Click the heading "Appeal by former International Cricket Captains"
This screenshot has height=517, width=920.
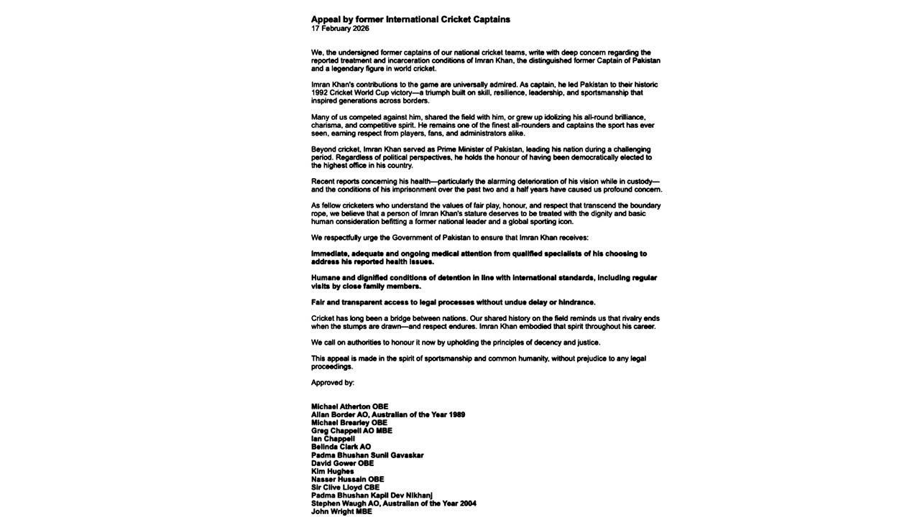pyautogui.click(x=410, y=19)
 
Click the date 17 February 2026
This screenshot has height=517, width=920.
pyautogui.click(x=340, y=29)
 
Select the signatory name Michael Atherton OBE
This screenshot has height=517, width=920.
pyautogui.click(x=349, y=406)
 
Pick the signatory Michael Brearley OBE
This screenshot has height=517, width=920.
pyautogui.click(x=349, y=423)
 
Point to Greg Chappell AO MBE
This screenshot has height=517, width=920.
pyautogui.click(x=351, y=431)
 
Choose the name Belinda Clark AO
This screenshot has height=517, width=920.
pyautogui.click(x=341, y=447)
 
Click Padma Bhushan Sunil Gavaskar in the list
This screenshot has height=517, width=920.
pyautogui.click(x=367, y=455)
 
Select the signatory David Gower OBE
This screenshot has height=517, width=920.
pyautogui.click(x=342, y=463)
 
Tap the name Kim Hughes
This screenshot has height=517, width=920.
pyautogui.click(x=332, y=471)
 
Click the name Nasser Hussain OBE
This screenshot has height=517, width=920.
pyautogui.click(x=347, y=479)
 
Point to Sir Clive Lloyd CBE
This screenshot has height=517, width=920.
pyautogui.click(x=345, y=488)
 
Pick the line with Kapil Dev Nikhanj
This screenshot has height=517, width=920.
pyautogui.click(x=372, y=495)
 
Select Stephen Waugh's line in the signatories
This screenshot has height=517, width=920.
pyautogui.click(x=393, y=503)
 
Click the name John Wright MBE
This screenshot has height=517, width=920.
pyautogui.click(x=341, y=511)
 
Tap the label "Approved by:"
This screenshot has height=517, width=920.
pyautogui.click(x=333, y=383)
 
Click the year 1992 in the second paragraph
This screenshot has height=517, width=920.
pyautogui.click(x=320, y=93)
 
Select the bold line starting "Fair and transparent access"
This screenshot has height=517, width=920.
pyautogui.click(x=453, y=302)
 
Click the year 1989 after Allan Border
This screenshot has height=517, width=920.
pyautogui.click(x=456, y=415)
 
